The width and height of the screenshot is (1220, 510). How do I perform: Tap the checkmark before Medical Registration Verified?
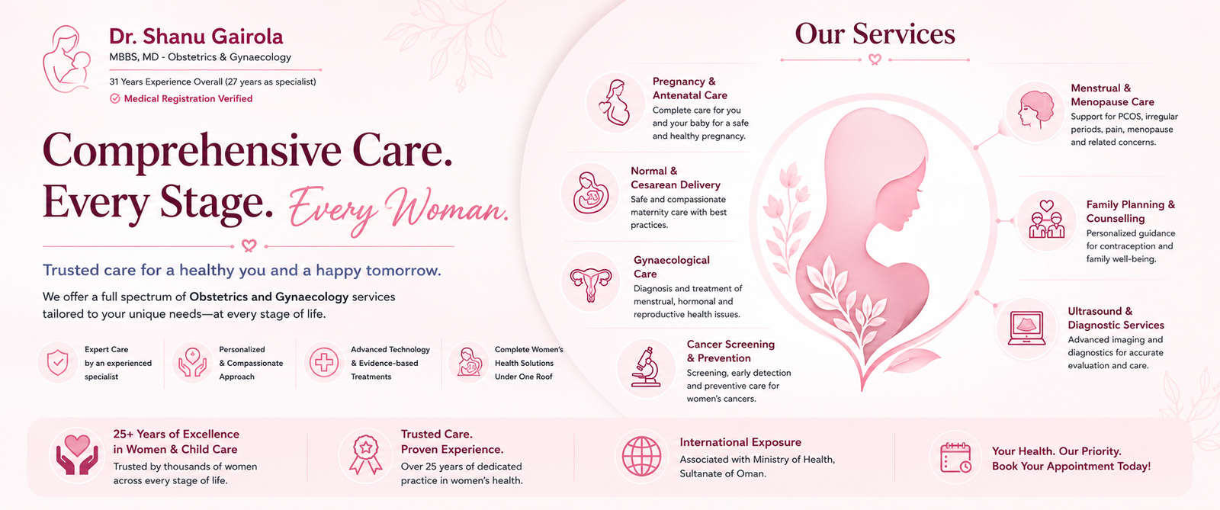pos(115,98)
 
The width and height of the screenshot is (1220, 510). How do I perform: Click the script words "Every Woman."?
pos(398,210)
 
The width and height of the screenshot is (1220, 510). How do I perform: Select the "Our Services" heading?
pos(875,34)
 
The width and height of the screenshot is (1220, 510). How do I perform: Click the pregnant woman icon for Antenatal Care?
pos(615,102)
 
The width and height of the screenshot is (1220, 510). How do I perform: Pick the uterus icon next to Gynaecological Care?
pos(591,283)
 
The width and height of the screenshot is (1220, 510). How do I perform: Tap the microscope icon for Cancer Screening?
pos(646,367)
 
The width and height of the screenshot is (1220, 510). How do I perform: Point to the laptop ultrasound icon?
pos(1026,329)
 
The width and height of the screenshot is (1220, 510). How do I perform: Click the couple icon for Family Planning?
pos(1046,220)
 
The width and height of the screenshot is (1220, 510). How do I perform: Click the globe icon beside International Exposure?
pos(641,456)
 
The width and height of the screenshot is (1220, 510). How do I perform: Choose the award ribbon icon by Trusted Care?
pos(365,455)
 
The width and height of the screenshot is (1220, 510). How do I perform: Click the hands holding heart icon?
pos(77,455)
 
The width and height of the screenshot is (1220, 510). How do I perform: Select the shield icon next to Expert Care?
pos(58,363)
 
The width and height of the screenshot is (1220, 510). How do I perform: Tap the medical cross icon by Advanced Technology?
pos(324,363)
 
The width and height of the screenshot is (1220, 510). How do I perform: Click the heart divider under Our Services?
pos(875,59)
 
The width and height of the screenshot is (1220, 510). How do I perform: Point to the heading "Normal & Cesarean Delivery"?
pos(676,178)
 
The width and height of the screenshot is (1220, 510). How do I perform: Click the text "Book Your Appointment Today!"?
pos(1071,467)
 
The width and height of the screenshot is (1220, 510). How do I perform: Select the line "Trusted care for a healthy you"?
pos(242,271)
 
